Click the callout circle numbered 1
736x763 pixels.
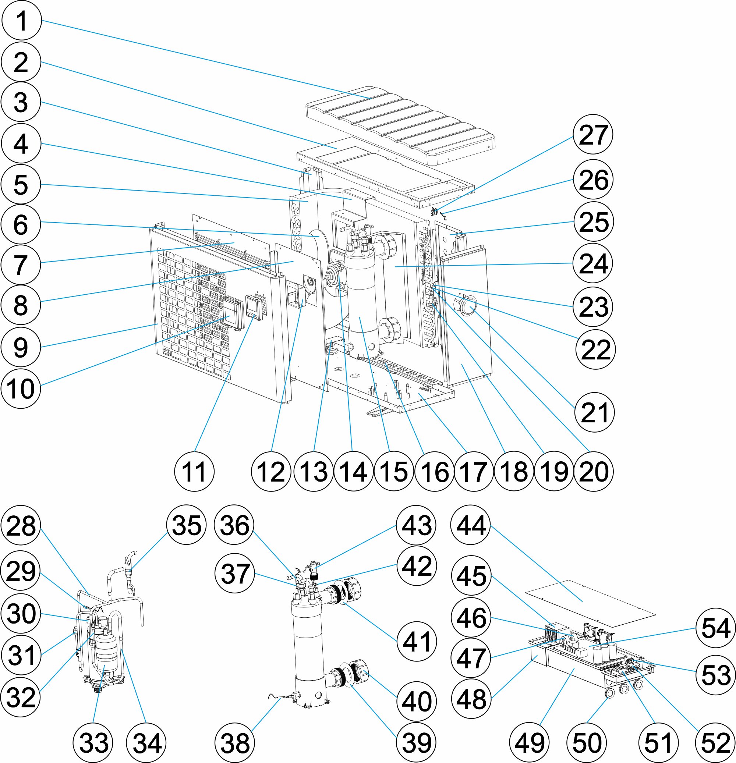coord(21,20)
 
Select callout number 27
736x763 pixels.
coord(593,134)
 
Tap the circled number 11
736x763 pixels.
coord(194,471)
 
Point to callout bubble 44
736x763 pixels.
coord(471,525)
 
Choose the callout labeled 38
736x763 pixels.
coord(235,743)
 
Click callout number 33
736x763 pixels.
coord(93,743)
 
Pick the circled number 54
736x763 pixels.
coord(715,628)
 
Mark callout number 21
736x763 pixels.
coord(594,412)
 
